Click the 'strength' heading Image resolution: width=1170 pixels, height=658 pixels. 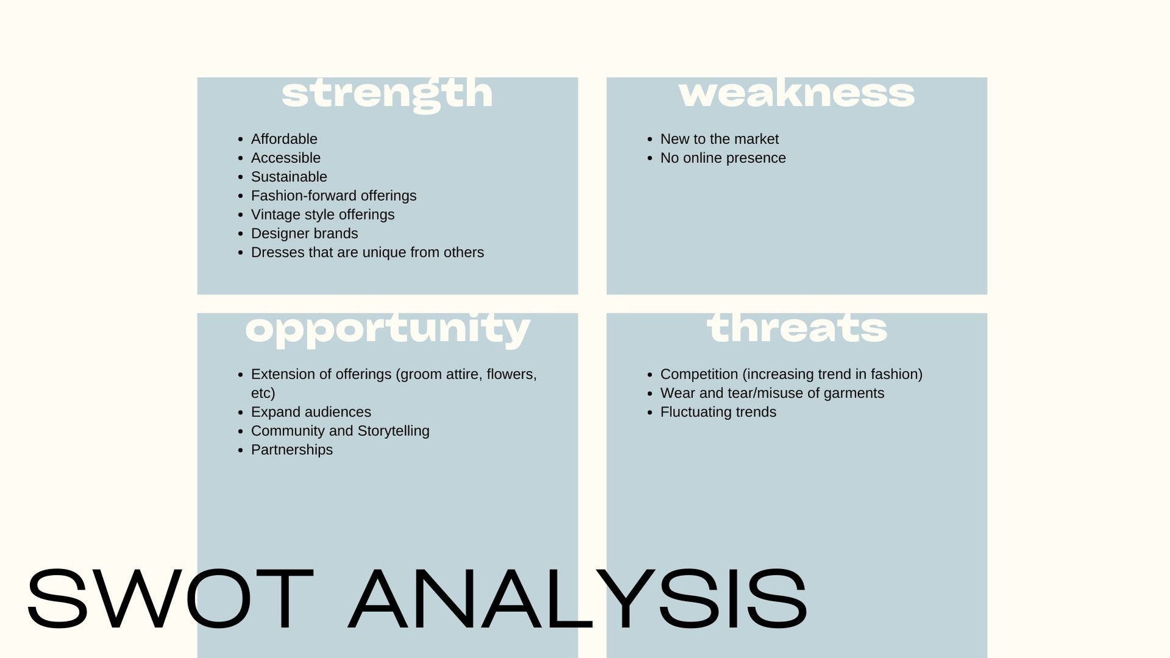click(x=387, y=95)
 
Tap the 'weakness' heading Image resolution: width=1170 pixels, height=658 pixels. click(x=796, y=93)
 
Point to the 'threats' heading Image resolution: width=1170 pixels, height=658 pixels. click(x=797, y=328)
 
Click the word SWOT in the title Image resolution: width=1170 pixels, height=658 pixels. click(x=171, y=599)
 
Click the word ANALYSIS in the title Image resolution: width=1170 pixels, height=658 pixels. click(x=578, y=599)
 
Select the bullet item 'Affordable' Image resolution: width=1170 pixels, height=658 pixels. click(x=284, y=139)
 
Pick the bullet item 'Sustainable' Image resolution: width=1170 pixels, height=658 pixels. click(x=289, y=177)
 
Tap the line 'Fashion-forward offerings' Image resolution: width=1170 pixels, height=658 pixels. click(x=334, y=196)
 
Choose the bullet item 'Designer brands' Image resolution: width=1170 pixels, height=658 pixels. click(x=304, y=234)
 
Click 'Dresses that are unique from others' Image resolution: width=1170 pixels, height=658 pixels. click(x=367, y=252)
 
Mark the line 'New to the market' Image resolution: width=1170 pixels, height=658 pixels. click(x=719, y=139)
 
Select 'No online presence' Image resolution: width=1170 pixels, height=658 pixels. click(x=723, y=158)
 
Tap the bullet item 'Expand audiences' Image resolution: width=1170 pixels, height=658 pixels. click(x=311, y=412)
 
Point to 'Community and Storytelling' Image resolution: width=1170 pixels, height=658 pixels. click(x=340, y=431)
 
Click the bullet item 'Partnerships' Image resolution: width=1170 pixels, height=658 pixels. click(x=292, y=450)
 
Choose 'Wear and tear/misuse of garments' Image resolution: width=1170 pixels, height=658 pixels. click(x=772, y=393)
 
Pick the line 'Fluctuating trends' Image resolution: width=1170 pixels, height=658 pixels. click(x=718, y=412)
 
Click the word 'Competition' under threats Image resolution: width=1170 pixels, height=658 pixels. click(x=699, y=374)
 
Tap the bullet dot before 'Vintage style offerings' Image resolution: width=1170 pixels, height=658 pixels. click(x=240, y=215)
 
